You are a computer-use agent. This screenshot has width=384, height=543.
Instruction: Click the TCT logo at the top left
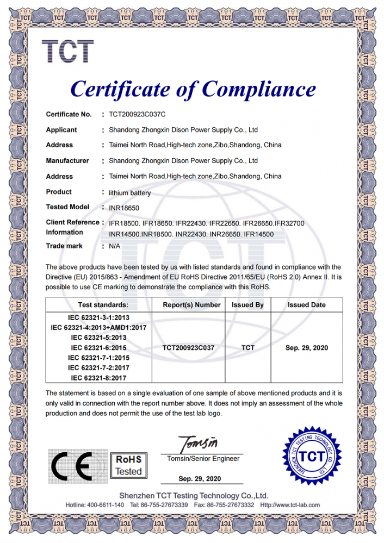(67, 52)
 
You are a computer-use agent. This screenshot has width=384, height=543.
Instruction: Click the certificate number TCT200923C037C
(137, 114)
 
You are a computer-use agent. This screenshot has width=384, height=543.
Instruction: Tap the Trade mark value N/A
(114, 246)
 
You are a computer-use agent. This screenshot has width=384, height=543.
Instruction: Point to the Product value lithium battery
(130, 192)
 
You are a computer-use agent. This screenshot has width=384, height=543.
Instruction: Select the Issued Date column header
(306, 305)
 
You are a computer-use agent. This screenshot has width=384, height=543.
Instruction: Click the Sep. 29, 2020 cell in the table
(306, 347)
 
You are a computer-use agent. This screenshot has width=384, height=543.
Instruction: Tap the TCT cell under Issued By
(247, 347)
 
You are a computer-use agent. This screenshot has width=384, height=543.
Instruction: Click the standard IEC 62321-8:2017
(98, 378)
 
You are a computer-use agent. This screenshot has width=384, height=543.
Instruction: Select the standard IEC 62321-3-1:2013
(98, 317)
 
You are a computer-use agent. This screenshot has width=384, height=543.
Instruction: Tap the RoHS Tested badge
(128, 465)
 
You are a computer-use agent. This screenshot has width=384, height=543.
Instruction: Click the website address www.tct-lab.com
(290, 505)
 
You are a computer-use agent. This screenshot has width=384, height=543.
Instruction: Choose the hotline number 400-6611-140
(106, 505)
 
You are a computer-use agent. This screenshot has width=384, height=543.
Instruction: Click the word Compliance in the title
(259, 89)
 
